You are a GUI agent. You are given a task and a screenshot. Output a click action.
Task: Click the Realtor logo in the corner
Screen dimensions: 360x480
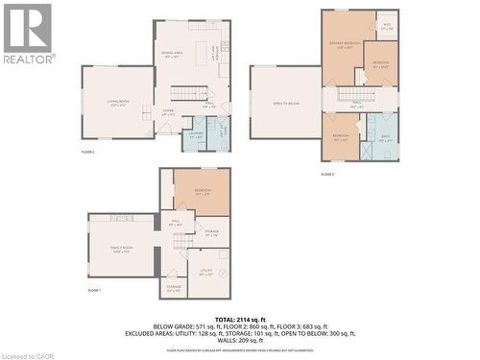(28, 33)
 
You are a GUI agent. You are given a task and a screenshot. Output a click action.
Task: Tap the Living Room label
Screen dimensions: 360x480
(117, 103)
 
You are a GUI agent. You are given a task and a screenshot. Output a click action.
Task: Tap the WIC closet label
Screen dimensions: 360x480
(386, 27)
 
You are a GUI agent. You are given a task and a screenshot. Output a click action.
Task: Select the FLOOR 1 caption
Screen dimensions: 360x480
(94, 290)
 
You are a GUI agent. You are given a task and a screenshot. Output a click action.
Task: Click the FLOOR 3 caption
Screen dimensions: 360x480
(327, 174)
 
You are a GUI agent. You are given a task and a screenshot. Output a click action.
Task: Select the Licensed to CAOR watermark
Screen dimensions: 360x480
(29, 354)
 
